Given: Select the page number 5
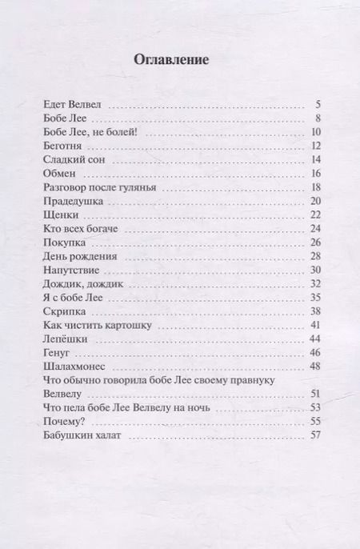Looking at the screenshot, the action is click(x=318, y=105).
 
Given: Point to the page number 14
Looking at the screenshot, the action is click(x=315, y=160).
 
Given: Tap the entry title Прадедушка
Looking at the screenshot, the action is click(x=72, y=202).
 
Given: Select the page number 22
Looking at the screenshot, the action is click(x=315, y=215).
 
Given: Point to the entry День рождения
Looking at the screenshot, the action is click(x=79, y=257).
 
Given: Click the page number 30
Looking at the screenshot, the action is click(x=315, y=270).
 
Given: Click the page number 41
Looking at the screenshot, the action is click(x=315, y=326).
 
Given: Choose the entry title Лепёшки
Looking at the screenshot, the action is click(x=63, y=340).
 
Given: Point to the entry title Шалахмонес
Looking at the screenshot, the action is click(x=73, y=367).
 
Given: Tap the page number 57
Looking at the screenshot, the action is click(x=315, y=436).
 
